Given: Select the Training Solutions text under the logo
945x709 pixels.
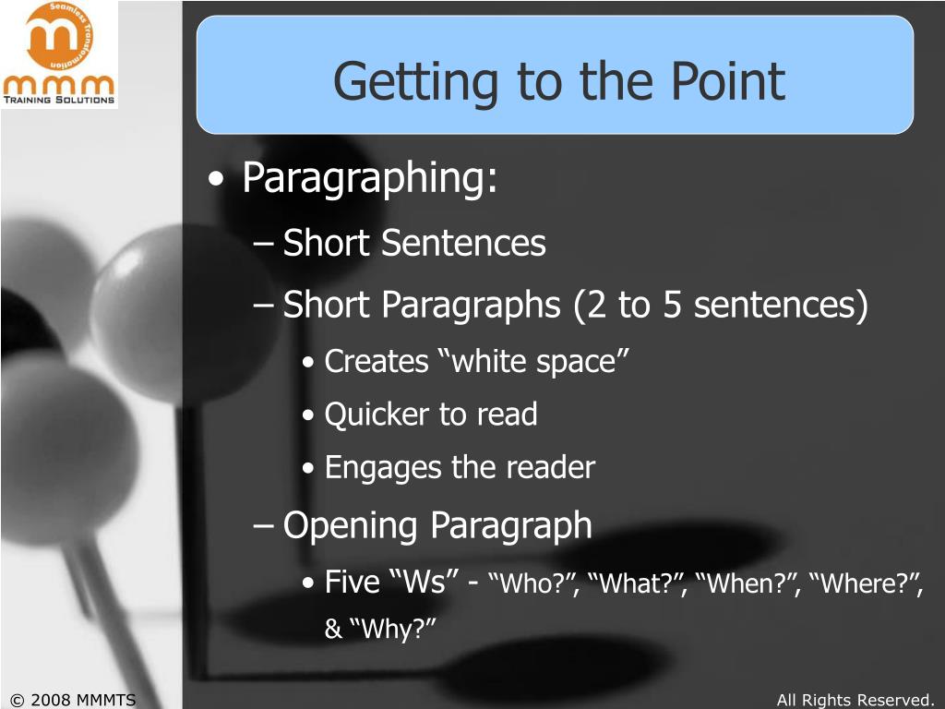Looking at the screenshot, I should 59,100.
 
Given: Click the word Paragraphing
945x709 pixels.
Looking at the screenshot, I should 369,178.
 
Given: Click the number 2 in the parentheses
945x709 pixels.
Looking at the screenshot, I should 587,306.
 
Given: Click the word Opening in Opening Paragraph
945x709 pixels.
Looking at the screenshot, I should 353,525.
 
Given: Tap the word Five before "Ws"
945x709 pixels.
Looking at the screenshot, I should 353,582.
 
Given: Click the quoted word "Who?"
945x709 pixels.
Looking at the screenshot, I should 529,584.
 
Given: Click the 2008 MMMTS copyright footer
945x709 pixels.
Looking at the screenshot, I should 72,700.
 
